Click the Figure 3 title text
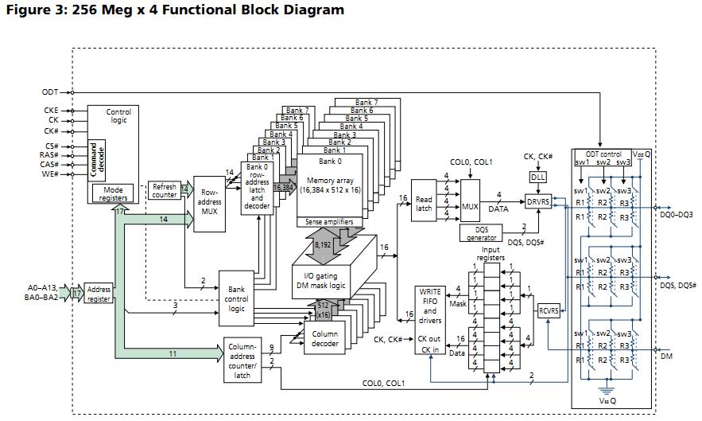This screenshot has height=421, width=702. [174, 10]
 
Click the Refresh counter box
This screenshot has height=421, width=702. [165, 190]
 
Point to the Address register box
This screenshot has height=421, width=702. [99, 294]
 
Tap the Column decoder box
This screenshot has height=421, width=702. [325, 338]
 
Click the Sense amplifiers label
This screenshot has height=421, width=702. [329, 221]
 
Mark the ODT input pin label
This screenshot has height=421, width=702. [49, 92]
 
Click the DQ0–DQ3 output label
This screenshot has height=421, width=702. [677, 215]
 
